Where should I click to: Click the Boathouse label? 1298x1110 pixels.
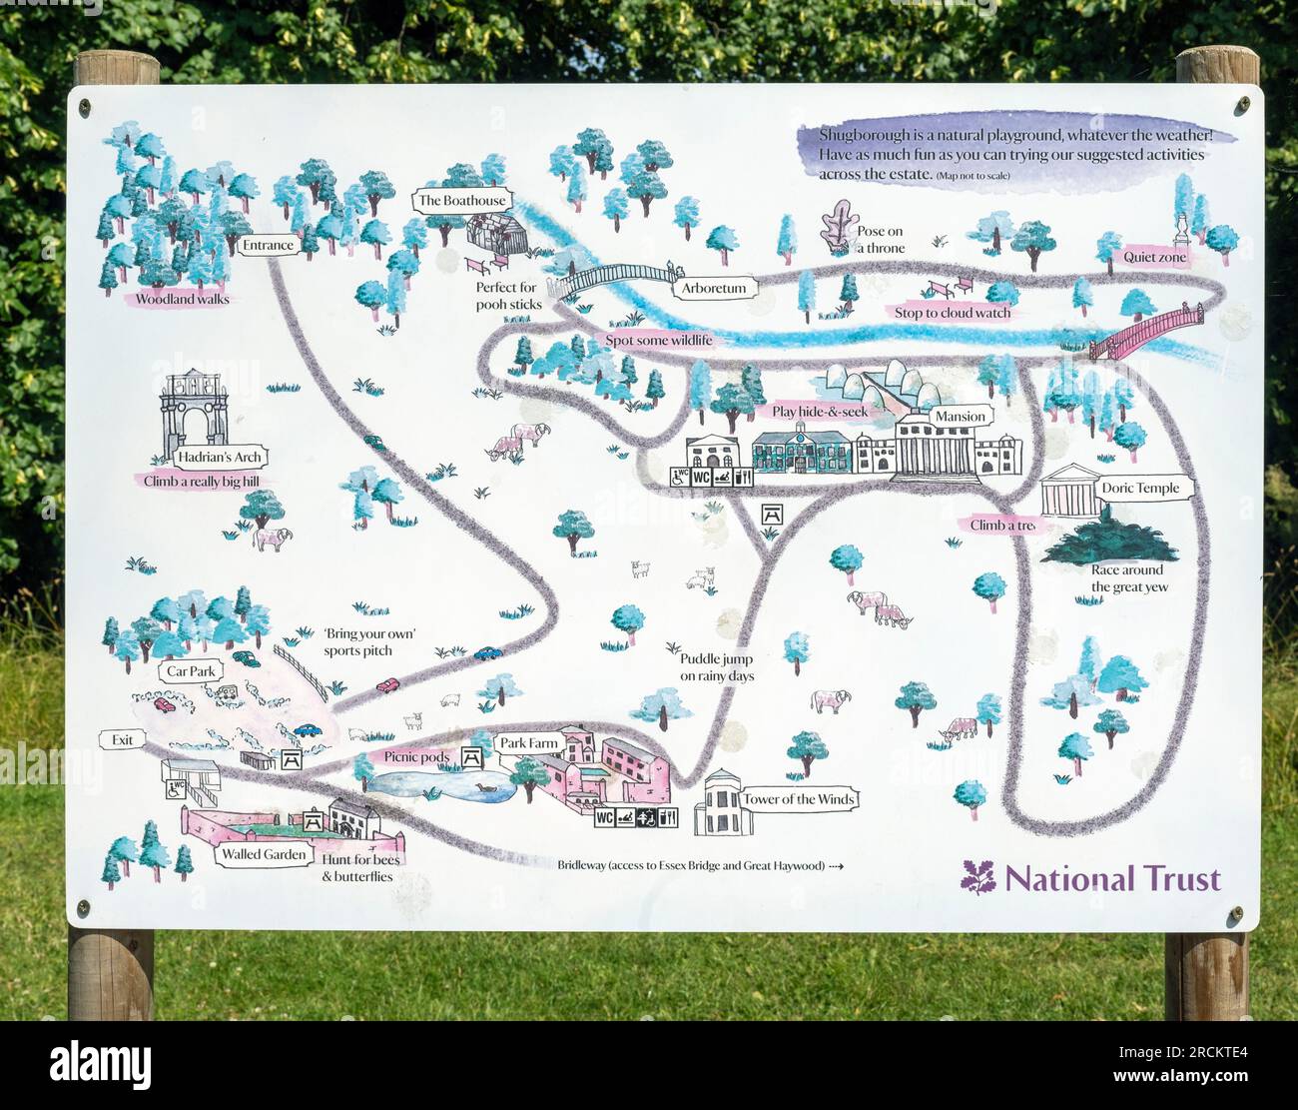point(462,201)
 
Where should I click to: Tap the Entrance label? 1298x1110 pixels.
point(268,245)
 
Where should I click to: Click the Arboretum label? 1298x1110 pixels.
point(714,289)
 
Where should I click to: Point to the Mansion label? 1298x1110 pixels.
point(960,416)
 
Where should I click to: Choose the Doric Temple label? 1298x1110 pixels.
point(1139,489)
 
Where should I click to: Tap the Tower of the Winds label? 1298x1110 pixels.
point(798,799)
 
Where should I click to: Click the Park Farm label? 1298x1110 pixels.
point(529,743)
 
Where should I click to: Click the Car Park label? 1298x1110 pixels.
point(190,671)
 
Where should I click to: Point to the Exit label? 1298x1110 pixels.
point(122,740)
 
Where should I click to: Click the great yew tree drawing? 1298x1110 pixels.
point(1107,541)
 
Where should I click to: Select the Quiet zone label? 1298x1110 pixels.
point(1155,257)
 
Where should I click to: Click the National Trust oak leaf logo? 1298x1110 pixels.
point(977,877)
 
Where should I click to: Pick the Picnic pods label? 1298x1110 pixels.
point(416,757)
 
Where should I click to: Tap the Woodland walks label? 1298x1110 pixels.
point(182,299)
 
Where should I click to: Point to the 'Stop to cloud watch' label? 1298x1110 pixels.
point(952,313)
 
